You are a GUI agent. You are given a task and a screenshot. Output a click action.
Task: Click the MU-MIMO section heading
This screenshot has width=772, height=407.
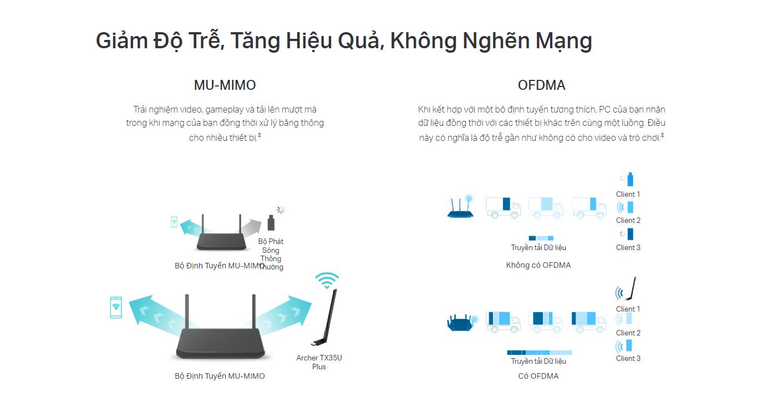pyautogui.click(x=225, y=85)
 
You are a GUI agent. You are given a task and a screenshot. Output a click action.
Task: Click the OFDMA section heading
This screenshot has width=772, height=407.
pyautogui.click(x=541, y=85)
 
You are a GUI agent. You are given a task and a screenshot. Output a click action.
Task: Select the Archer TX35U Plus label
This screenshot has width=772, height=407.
pyautogui.click(x=319, y=362)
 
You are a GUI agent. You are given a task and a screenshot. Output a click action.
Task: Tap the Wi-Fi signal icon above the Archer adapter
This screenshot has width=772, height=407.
pyautogui.click(x=327, y=280)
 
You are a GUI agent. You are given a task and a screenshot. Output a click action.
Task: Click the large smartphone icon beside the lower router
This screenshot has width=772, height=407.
pyautogui.click(x=116, y=307)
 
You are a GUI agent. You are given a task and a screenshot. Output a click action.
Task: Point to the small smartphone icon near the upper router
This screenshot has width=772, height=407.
pyautogui.click(x=174, y=222)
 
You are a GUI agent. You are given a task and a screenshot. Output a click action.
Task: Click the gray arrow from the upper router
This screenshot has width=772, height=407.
pyautogui.click(x=250, y=227)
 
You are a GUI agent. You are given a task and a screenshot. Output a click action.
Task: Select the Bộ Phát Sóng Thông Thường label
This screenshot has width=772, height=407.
pyautogui.click(x=271, y=254)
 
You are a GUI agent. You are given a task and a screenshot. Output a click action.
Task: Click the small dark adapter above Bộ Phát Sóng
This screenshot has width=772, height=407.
pyautogui.click(x=271, y=222)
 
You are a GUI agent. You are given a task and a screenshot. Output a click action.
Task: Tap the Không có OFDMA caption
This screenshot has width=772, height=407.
pyautogui.click(x=539, y=265)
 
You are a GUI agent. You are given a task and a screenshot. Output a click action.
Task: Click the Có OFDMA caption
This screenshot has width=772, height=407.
pyautogui.click(x=539, y=376)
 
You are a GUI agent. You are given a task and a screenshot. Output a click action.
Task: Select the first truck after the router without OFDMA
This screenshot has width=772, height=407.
pyautogui.click(x=503, y=208)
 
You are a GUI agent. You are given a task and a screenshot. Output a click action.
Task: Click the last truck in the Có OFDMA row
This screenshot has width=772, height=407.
pyautogui.click(x=589, y=322)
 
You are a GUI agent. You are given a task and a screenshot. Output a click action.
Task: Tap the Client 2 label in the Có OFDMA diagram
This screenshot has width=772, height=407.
pyautogui.click(x=628, y=333)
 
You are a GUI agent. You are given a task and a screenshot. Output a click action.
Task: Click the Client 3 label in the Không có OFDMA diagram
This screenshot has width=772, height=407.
pyautogui.click(x=628, y=247)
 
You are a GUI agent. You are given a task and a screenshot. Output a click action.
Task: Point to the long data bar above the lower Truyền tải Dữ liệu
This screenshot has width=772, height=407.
pyautogui.click(x=540, y=353)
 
